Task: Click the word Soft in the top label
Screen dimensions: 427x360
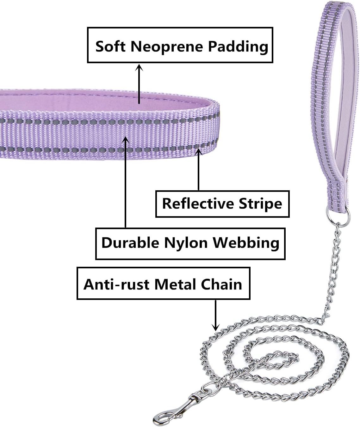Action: (111, 46)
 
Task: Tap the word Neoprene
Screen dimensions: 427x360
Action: (167, 46)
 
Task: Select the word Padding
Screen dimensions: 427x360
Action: (238, 46)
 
